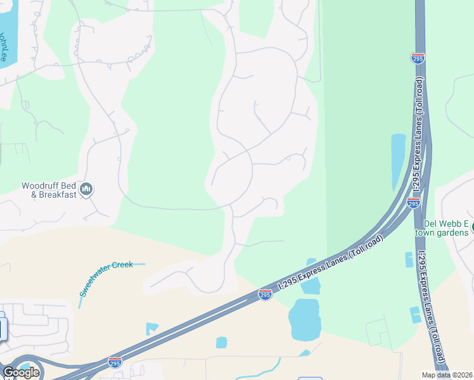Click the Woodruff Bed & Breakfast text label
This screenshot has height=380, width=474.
49,190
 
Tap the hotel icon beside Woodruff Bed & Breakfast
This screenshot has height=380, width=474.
87,189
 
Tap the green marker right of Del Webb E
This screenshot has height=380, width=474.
472,224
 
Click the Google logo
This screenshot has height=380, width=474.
21,372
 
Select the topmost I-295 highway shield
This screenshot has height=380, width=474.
418,58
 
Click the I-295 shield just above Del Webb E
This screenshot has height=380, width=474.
413,203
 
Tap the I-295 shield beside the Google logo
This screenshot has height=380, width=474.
115,362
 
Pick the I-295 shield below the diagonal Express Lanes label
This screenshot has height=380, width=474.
266,295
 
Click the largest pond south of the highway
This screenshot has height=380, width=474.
304,319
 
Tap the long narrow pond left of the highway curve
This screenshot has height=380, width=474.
398,161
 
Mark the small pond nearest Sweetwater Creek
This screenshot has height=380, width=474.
151,328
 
